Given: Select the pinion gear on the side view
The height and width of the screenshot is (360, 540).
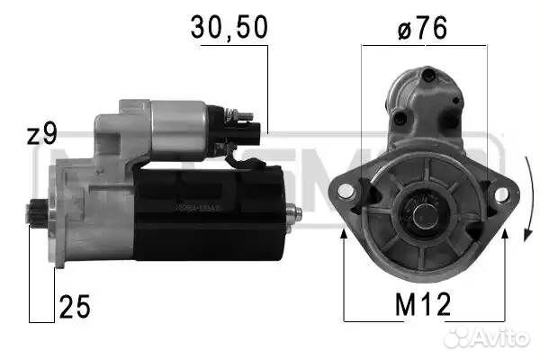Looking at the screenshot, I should click(36, 212).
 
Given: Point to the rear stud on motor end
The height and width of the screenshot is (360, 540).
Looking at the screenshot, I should click(292, 211).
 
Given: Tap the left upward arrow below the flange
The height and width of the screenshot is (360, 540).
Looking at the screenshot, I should click(345, 237).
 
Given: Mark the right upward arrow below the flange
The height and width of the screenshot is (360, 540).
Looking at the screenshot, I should click(504, 237).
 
